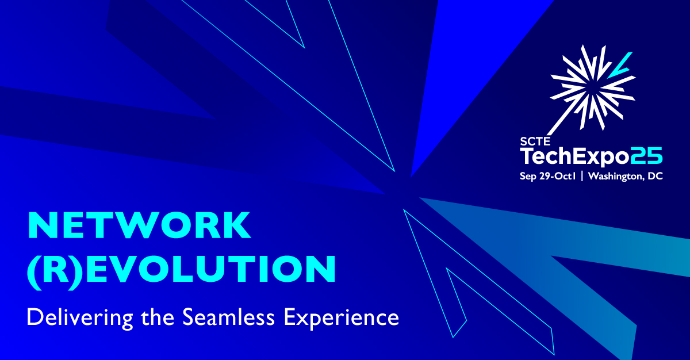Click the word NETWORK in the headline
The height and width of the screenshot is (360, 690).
pos(139,225)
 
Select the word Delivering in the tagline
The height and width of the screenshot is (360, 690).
pos(80,317)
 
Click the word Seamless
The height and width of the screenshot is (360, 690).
pos(228,317)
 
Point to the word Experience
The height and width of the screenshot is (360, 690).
pos(342,318)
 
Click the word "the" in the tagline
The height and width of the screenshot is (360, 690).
pos(158,317)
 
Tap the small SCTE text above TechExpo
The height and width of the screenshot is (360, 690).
pos(535,141)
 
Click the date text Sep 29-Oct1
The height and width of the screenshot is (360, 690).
pos(547,176)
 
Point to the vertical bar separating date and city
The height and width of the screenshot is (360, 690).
pos(582,176)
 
